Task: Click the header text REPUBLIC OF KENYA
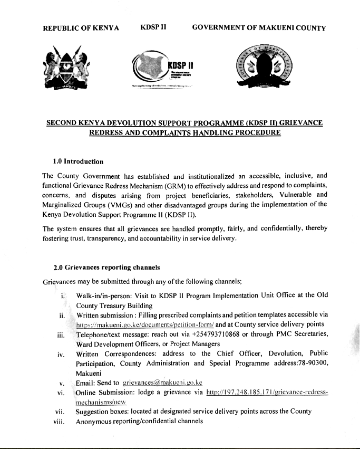[x=81, y=28]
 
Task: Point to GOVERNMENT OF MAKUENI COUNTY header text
[x=259, y=28]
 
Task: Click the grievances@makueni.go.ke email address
[x=162, y=383]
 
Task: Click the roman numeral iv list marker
[x=61, y=354]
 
